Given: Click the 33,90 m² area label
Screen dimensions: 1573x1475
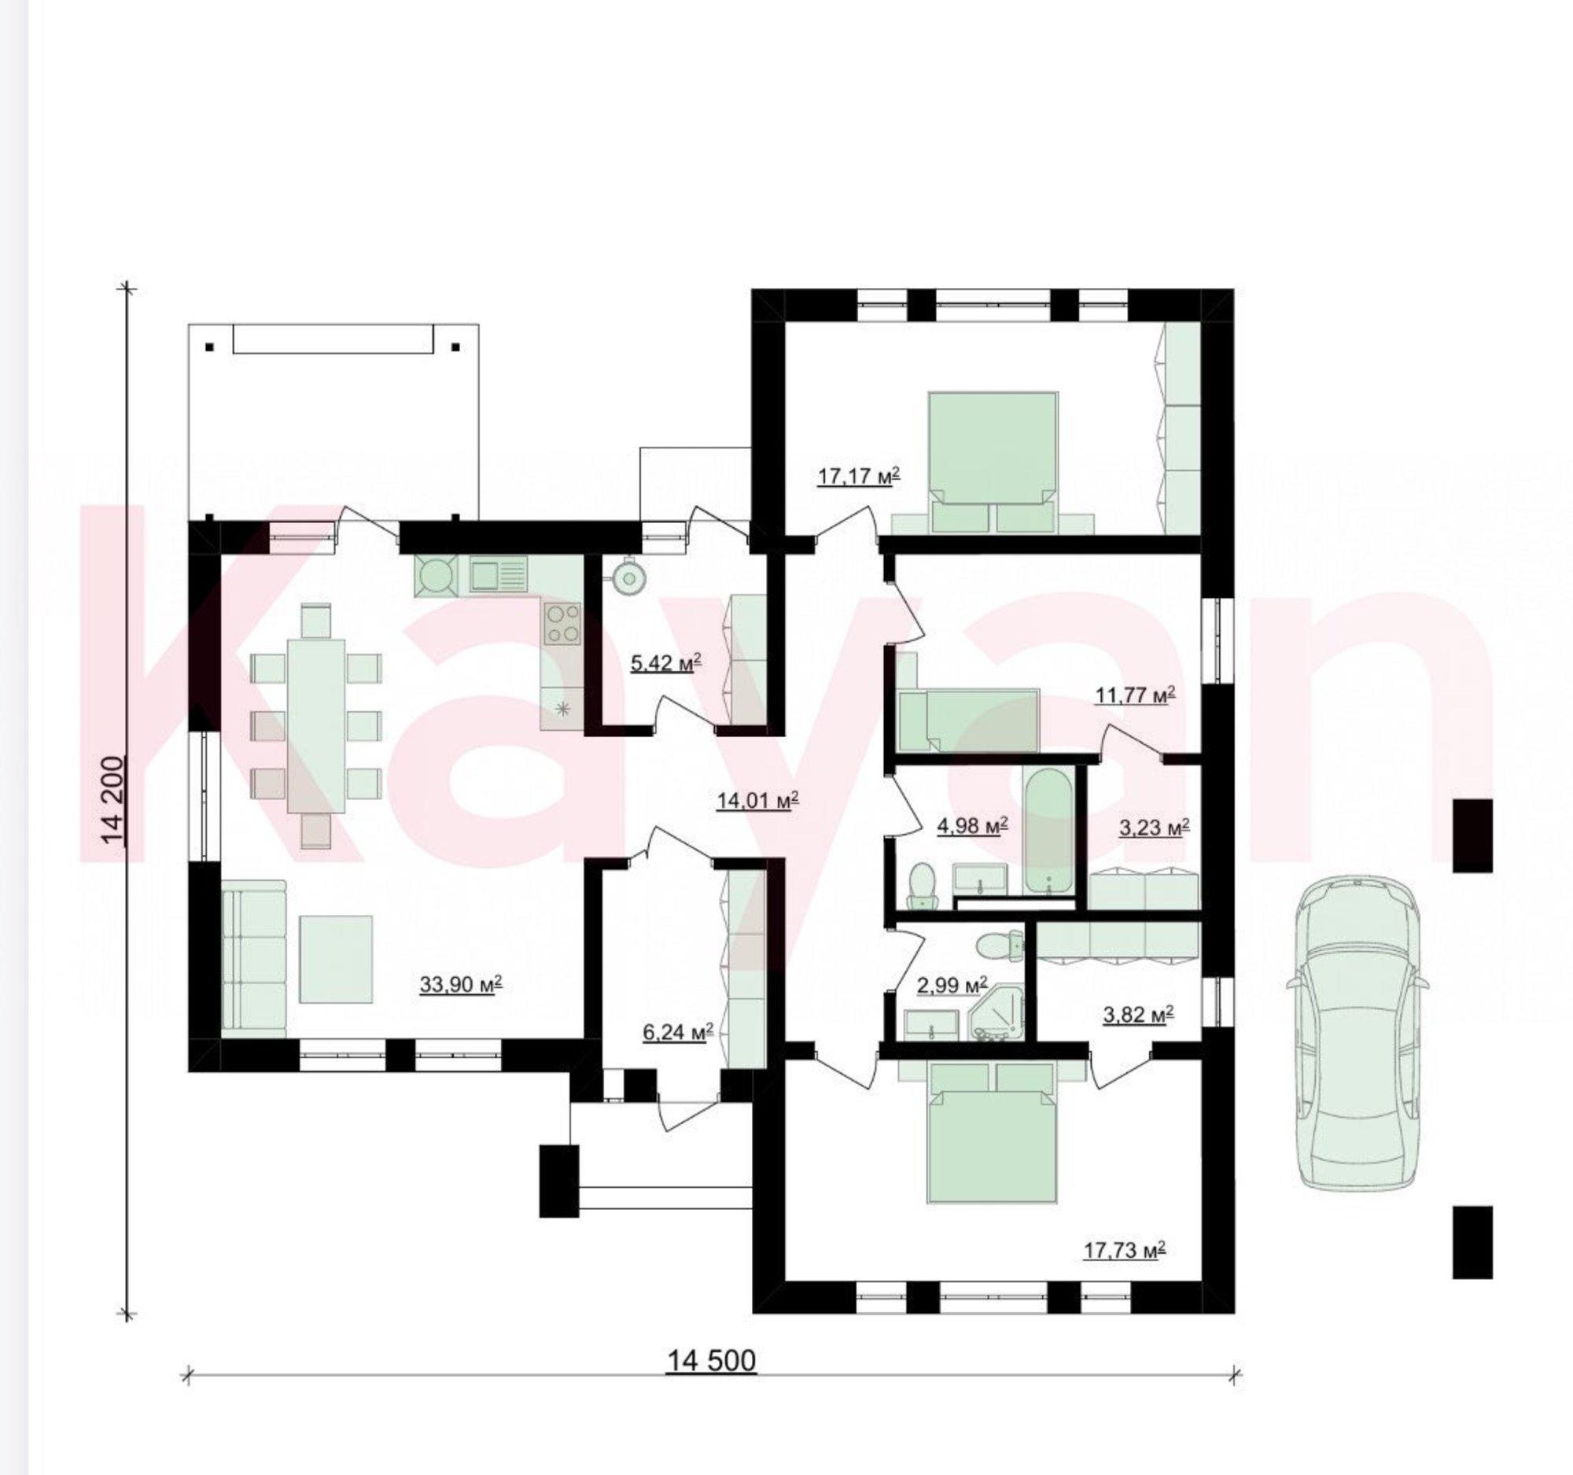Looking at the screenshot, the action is click(462, 985).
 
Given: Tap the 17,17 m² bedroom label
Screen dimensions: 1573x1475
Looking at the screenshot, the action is click(860, 478).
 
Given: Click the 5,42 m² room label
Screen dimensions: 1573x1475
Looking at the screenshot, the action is click(666, 662).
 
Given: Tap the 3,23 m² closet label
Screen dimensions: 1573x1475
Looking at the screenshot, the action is click(1155, 828).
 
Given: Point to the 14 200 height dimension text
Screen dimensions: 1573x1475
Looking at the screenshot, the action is click(113, 801).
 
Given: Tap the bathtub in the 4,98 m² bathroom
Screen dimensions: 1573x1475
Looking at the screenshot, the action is click(1050, 830).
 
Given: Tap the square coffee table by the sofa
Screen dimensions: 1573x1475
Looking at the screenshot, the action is click(336, 960).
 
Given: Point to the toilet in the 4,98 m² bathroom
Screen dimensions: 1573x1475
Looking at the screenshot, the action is click(922, 885).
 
